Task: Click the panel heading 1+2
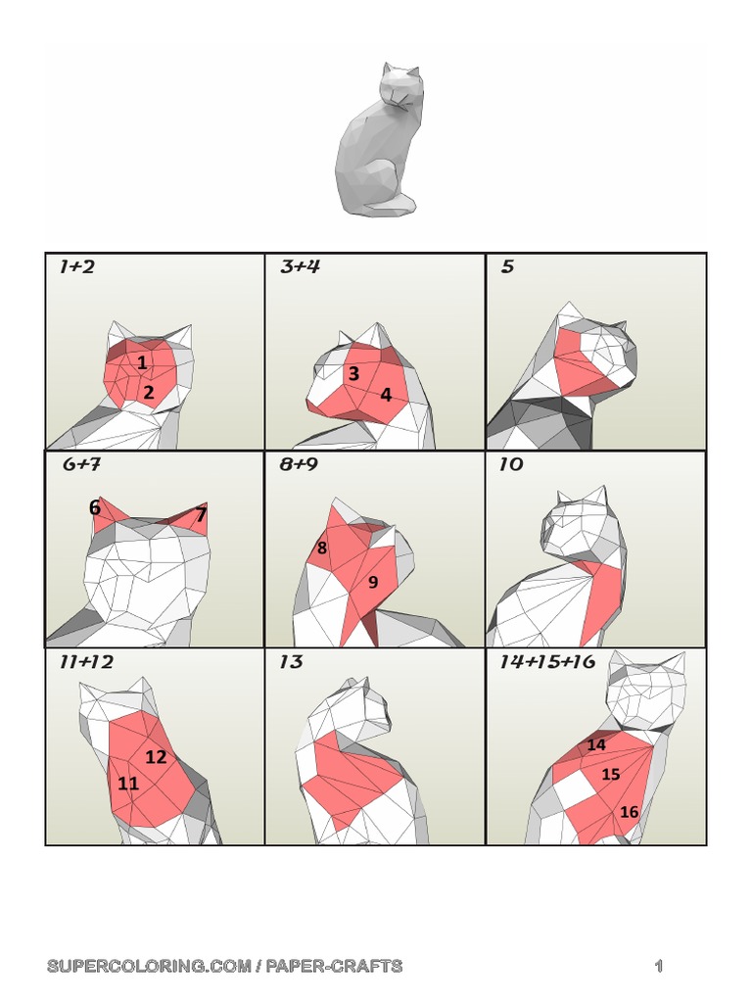77,266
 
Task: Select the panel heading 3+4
300,266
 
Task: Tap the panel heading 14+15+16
546,662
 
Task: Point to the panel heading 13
291,662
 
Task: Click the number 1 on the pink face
142,363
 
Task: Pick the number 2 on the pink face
149,393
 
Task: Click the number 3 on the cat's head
353,373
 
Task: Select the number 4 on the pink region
386,395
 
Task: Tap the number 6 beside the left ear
95,507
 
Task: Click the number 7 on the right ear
201,514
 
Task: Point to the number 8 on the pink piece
321,549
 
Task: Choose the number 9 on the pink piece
373,582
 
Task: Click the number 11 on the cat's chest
128,784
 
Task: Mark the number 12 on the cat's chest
157,756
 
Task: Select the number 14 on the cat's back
596,745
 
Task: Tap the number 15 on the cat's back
611,775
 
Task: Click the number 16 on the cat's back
629,812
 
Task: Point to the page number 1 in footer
659,967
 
